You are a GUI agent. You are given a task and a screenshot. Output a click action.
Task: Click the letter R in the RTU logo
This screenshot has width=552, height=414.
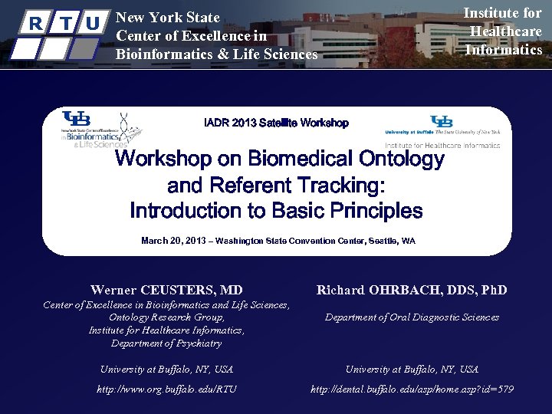34,24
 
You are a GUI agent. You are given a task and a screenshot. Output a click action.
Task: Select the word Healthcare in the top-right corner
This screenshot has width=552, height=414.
505,31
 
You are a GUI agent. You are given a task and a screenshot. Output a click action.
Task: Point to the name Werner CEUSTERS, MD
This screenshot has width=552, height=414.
166,290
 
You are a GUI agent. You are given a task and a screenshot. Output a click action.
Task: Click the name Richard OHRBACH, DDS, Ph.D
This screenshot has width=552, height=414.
412,290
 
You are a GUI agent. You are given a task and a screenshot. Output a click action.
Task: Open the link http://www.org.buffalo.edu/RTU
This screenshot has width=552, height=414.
166,389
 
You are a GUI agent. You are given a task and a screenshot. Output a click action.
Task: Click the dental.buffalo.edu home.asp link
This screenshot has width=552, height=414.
412,389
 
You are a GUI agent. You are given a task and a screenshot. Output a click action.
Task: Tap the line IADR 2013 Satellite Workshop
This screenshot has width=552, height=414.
276,123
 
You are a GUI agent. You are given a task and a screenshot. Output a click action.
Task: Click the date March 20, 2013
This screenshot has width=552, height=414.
173,241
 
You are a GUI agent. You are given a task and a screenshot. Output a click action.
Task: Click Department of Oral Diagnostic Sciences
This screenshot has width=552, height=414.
412,317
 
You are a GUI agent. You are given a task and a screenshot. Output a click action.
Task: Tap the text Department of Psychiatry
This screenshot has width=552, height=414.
166,343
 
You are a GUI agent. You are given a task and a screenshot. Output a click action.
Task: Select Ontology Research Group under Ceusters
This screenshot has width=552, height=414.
166,317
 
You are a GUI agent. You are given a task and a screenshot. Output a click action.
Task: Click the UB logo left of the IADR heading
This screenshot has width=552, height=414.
77,120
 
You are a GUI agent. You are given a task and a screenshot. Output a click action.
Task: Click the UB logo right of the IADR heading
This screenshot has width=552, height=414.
442,121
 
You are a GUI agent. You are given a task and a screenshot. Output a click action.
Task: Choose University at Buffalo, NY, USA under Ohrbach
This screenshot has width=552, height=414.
412,370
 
